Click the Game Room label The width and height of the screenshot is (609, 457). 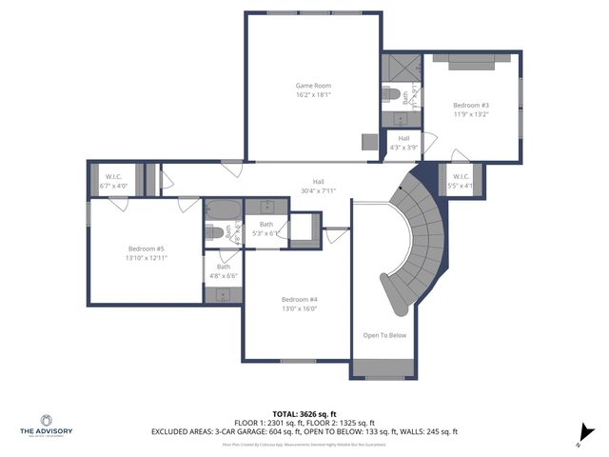click(313, 86)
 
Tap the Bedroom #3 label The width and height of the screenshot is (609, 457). click(471, 105)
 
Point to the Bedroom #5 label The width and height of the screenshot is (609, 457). click(147, 249)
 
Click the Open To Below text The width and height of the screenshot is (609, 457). click(384, 335)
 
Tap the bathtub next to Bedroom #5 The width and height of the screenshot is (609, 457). click(223, 210)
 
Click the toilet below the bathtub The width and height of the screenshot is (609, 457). click(215, 232)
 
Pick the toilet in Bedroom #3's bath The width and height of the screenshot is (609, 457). click(392, 93)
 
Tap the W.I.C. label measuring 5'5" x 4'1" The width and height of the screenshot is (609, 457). click(461, 176)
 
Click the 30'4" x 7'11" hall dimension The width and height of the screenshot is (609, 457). click(319, 190)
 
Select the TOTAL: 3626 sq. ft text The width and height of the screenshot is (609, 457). click(304, 413)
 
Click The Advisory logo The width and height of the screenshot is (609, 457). click(46, 424)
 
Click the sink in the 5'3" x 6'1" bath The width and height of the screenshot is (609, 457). click(267, 206)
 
